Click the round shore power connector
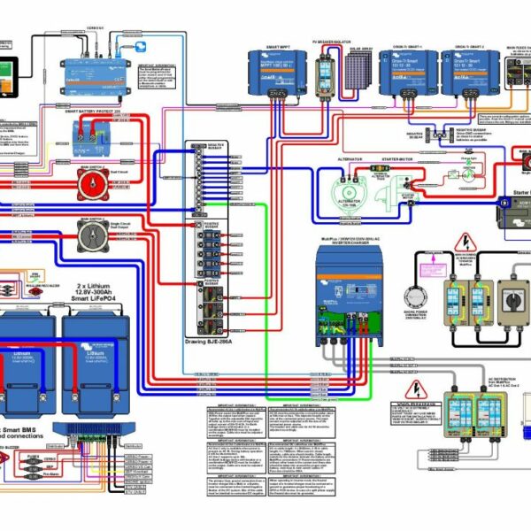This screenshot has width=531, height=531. click(414, 297)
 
